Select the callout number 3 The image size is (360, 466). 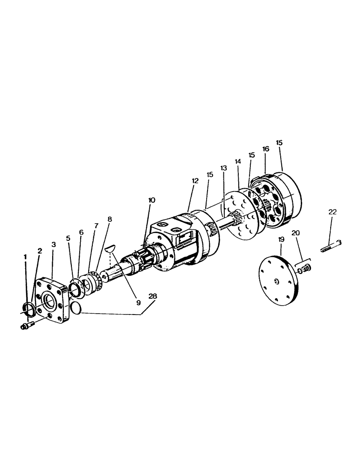point(54,244)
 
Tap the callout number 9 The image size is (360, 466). point(138,302)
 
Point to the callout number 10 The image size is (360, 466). point(152,200)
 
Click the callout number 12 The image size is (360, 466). point(195,181)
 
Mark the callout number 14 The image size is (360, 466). point(238,161)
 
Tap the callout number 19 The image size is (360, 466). point(281,240)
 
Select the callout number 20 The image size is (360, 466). point(296,233)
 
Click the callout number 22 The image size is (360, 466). point(332,212)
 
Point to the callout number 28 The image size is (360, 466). point(152,296)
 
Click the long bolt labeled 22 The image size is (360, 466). point(332,244)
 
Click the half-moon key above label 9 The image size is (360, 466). point(111,248)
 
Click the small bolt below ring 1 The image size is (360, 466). point(27,326)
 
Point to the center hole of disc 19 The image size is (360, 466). point(276,281)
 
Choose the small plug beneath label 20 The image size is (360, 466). point(306,268)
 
